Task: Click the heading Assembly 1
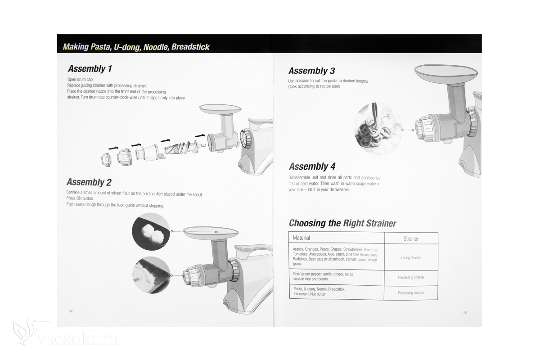click(90, 69)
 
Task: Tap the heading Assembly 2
click(89, 182)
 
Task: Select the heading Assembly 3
click(312, 71)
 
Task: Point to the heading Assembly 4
click(312, 166)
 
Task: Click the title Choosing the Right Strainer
click(342, 223)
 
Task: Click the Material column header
click(301, 238)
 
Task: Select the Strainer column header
click(411, 238)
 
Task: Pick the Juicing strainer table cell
click(410, 257)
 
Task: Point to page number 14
click(70, 311)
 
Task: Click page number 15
click(464, 313)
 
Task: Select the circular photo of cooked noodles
click(377, 129)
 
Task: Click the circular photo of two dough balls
click(151, 231)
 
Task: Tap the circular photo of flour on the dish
click(151, 275)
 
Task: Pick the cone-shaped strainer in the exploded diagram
click(149, 153)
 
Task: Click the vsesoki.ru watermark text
click(78, 339)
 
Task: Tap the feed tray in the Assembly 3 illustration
click(446, 74)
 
